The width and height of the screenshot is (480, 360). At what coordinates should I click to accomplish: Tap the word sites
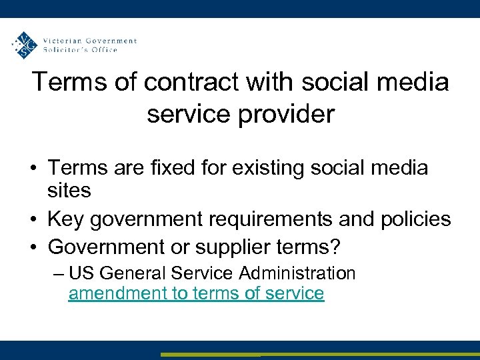pos(69,191)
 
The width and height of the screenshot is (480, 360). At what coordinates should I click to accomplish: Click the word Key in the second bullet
pos(65,219)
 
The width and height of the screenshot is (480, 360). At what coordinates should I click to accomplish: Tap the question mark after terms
pos(335,247)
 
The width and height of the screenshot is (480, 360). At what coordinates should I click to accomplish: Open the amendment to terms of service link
pos(196,293)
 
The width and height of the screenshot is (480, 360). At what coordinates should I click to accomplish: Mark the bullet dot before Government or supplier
pos(33,248)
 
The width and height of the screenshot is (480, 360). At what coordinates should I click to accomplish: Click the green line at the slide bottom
pos(320,355)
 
